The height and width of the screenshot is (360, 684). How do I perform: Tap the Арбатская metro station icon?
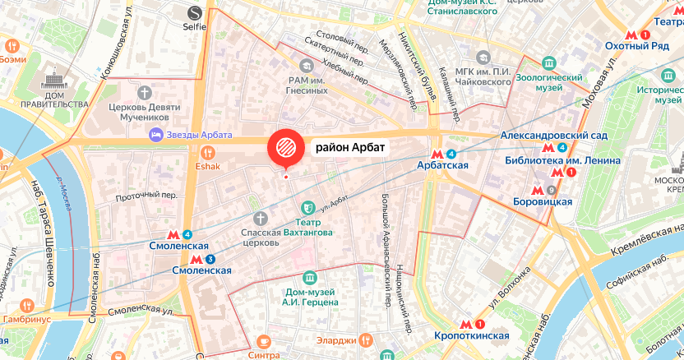(x=437, y=154)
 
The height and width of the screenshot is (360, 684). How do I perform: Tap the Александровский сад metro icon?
(x=548, y=148)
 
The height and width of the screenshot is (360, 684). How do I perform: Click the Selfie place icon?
(x=195, y=13)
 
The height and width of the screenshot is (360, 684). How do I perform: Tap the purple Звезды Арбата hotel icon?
(x=154, y=134)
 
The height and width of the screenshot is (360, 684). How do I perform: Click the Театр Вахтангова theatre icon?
(x=308, y=209)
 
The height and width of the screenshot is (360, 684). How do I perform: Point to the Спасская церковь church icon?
(x=261, y=218)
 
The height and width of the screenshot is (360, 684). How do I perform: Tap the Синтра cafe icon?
(x=264, y=342)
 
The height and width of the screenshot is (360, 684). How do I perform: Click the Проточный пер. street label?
(x=146, y=196)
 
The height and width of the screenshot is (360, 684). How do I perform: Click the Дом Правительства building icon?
(x=56, y=84)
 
